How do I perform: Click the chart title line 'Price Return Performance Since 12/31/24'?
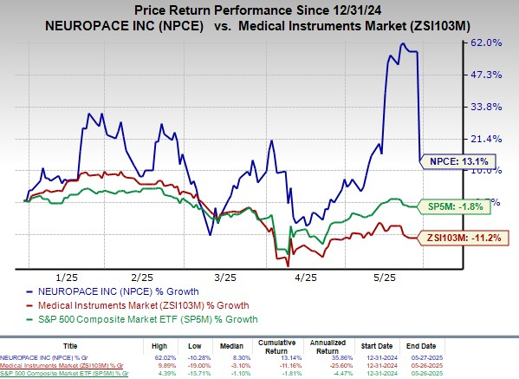[x=259, y=8]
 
